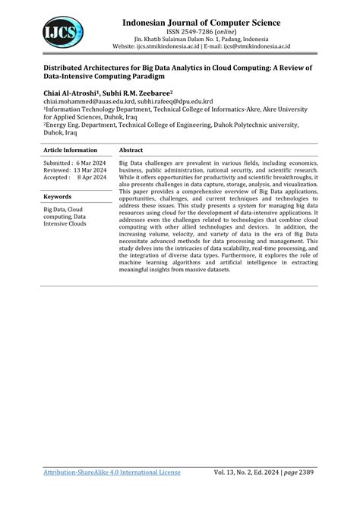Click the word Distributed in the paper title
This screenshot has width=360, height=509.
[46, 67]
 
